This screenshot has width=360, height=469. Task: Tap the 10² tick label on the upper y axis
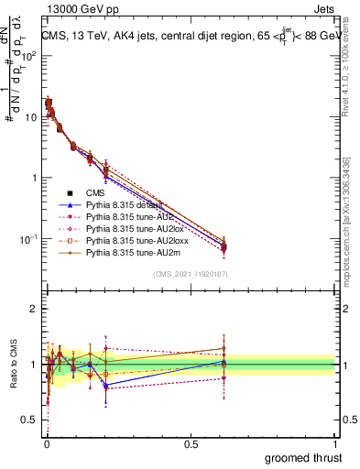29,56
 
